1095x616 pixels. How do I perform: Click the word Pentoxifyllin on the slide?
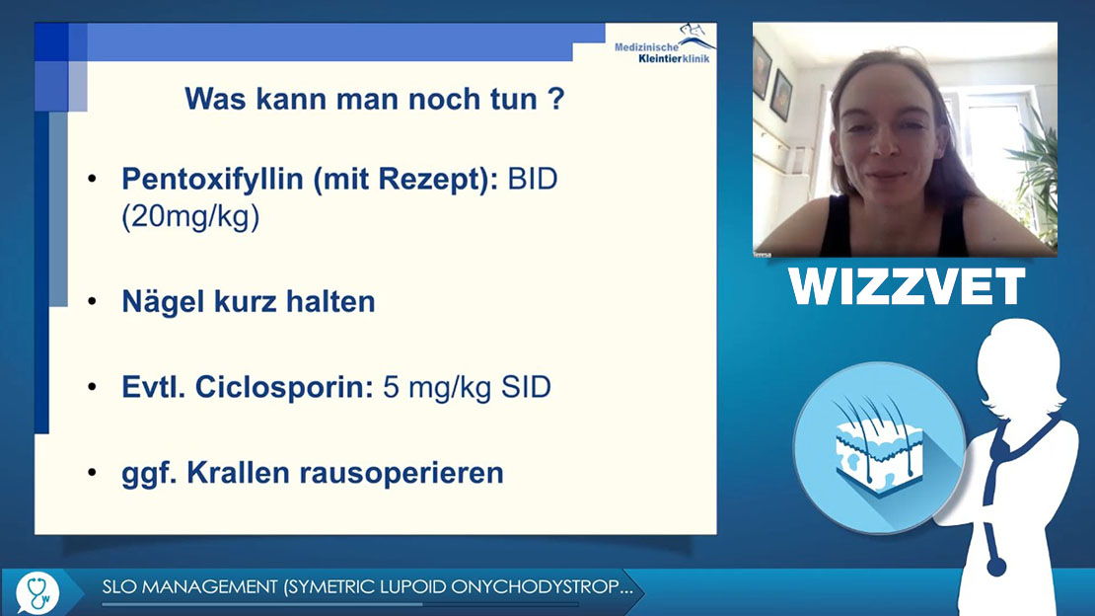point(212,180)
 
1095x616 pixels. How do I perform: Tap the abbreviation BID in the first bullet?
point(533,179)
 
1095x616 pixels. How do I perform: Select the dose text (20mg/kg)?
point(190,217)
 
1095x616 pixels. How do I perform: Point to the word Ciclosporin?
point(284,387)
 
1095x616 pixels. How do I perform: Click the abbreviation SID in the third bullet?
point(526,387)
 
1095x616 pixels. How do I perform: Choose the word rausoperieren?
point(401,474)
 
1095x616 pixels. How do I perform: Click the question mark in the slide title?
point(556,99)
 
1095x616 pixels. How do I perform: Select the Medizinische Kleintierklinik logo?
point(664,44)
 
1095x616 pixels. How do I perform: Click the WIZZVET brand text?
point(907,286)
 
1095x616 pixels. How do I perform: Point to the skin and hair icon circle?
point(879,447)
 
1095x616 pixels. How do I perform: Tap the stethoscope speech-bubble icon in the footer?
point(38,592)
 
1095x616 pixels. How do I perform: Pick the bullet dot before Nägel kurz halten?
point(92,301)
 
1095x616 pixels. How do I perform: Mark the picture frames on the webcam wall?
point(772,83)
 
